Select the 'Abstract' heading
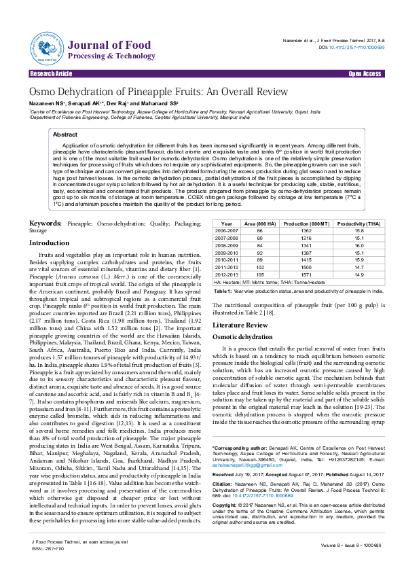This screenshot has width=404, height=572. (65, 135)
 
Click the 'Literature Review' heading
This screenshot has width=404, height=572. (240, 325)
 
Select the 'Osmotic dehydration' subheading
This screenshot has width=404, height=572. (244, 337)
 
